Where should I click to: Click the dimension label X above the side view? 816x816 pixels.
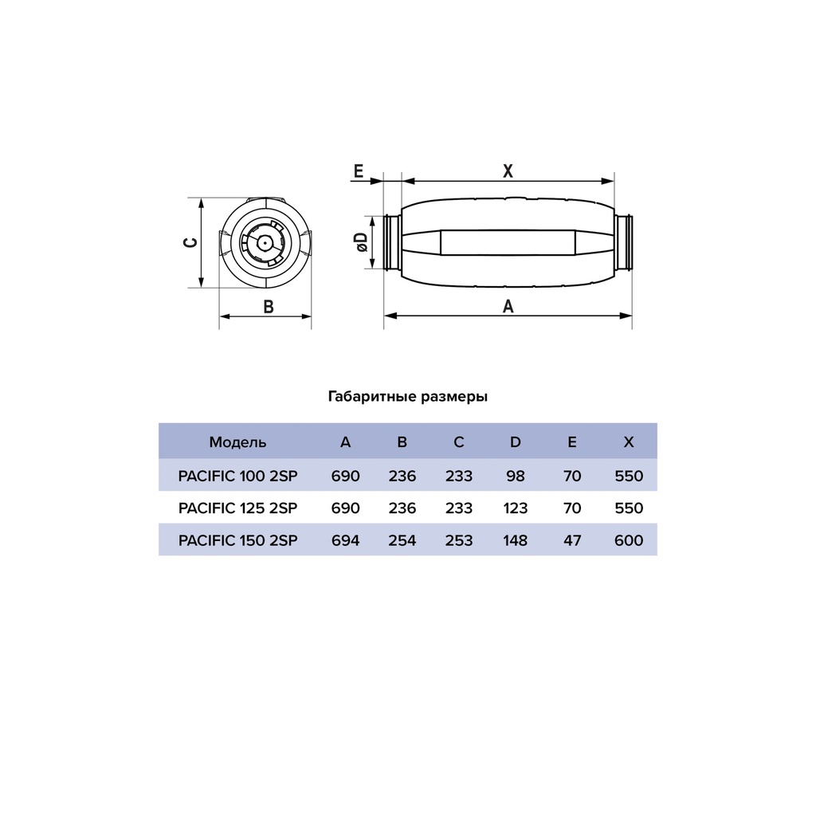[508, 171]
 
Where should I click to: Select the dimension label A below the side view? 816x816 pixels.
[508, 306]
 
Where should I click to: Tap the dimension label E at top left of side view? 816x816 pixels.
[358, 171]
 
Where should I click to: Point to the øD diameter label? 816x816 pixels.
[360, 243]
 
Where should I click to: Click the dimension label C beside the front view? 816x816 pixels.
[190, 242]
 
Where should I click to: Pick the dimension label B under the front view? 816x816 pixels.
[269, 307]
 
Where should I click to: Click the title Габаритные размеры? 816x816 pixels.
[408, 396]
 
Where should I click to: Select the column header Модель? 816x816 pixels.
[237, 441]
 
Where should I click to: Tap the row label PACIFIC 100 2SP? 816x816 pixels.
[238, 477]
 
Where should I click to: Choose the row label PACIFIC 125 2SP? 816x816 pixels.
[238, 508]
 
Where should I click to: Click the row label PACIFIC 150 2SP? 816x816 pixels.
[238, 540]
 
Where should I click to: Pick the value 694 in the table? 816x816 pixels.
[345, 540]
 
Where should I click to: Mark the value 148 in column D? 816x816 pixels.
[515, 540]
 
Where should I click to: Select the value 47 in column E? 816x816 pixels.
[571, 540]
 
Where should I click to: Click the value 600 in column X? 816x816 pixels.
[629, 540]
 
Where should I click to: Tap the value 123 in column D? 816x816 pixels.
[515, 508]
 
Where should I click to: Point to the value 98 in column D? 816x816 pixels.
[515, 477]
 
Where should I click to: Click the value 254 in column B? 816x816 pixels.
[402, 540]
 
